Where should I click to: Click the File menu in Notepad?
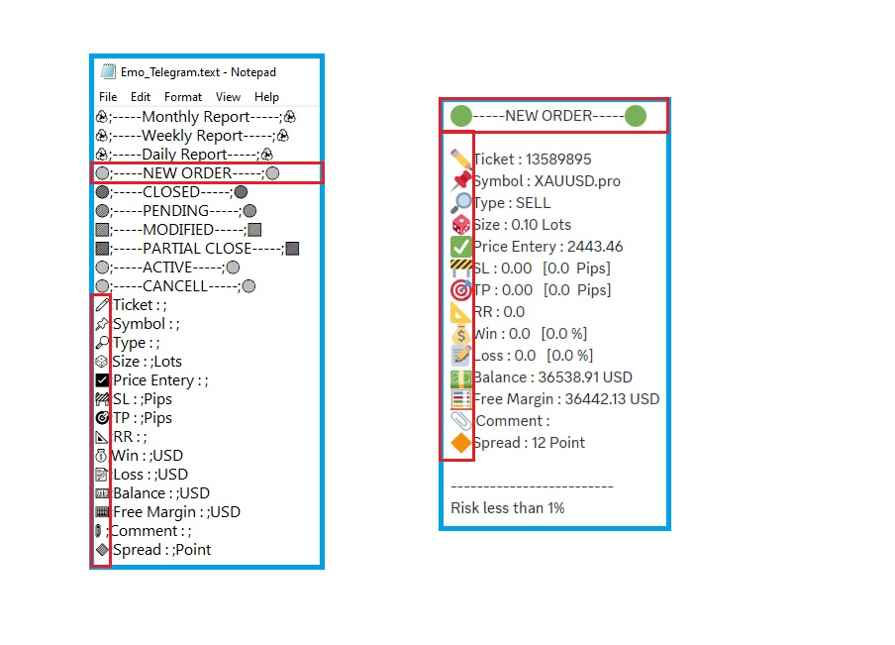coord(108,97)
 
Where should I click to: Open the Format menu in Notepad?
coord(183,97)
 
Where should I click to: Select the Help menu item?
coord(266,97)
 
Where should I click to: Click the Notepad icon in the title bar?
coord(109,71)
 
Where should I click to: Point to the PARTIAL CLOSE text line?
coord(198,249)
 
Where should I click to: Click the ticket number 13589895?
coord(559,160)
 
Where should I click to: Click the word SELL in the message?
coord(533,203)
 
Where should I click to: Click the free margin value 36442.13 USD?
coord(609,399)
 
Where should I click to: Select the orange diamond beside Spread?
coord(461,443)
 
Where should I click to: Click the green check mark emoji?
coord(461,247)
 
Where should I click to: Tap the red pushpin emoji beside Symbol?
coord(461,181)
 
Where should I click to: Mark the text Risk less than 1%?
coord(508,508)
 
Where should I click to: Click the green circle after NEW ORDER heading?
coord(636,116)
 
